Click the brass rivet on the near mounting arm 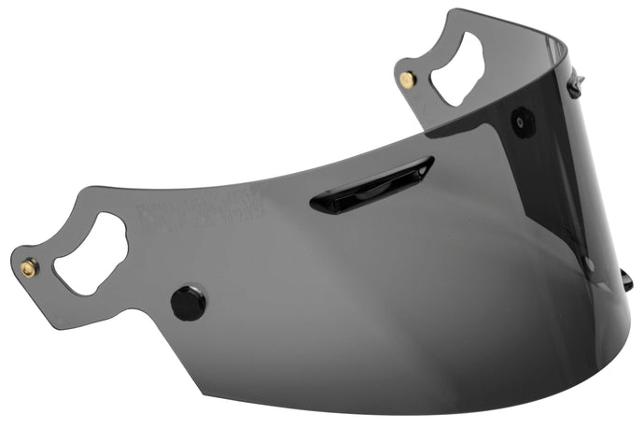coord(28,268)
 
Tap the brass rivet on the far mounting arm coord(407,80)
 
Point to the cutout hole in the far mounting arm coord(456,68)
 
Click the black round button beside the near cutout coord(188,303)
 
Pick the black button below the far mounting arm coord(522,122)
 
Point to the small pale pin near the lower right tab coord(588,265)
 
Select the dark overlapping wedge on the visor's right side coord(560,187)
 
